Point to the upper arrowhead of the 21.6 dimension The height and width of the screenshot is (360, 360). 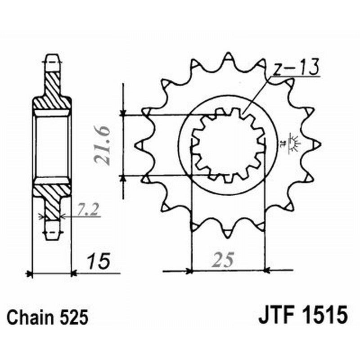[123, 112]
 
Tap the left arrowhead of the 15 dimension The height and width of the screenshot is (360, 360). [30, 273]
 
